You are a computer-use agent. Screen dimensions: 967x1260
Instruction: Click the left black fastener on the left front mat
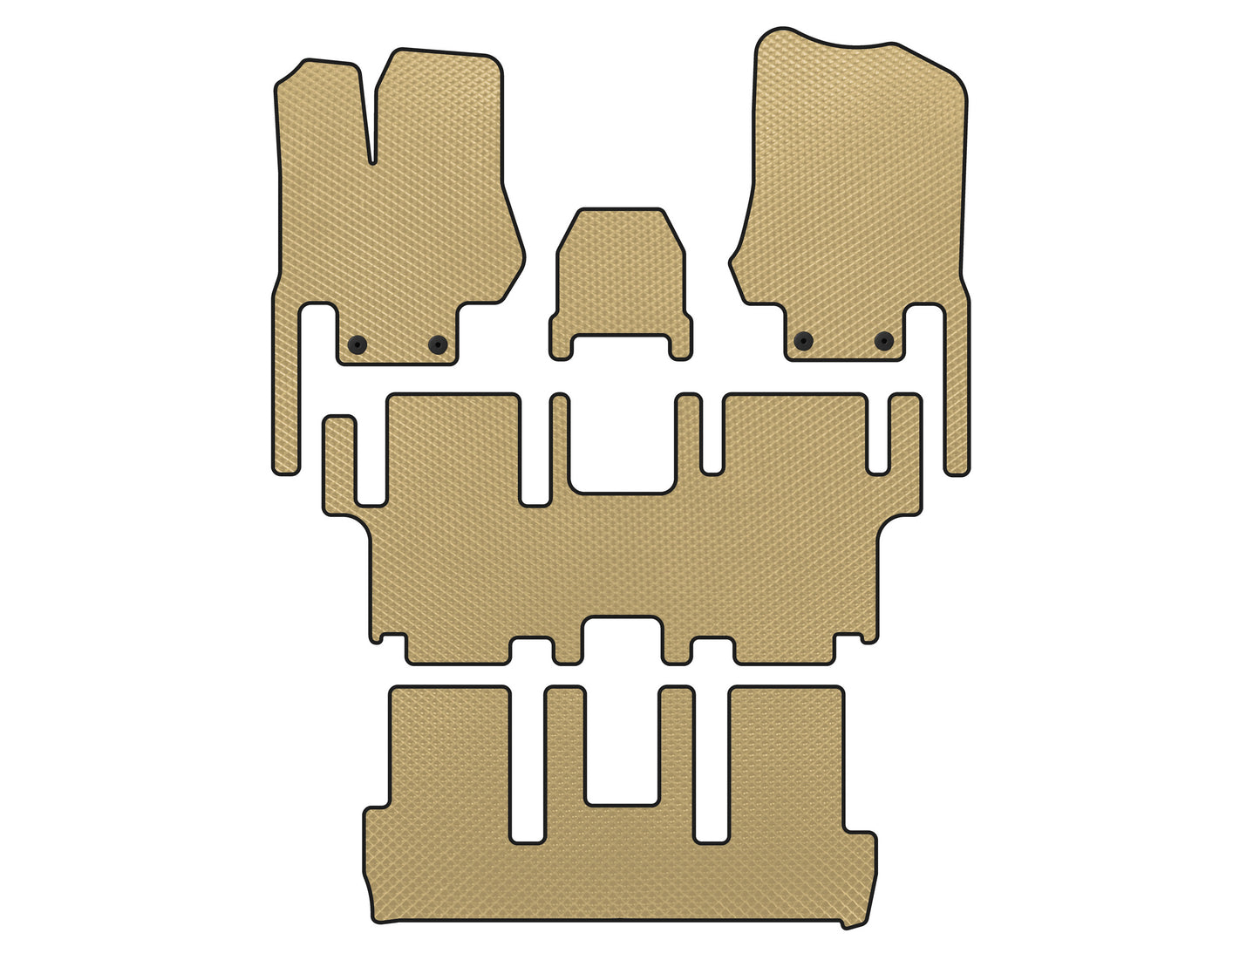[357, 344]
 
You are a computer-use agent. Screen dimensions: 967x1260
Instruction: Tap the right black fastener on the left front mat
[438, 344]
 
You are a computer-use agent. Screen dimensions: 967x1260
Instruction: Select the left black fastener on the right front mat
[803, 341]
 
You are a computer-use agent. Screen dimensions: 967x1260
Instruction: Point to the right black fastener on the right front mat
[884, 341]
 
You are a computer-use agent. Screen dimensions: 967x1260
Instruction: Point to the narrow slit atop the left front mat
[372, 122]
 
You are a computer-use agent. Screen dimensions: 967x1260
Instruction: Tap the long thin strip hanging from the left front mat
[287, 392]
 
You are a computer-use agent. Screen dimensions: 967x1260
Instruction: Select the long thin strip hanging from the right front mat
[957, 392]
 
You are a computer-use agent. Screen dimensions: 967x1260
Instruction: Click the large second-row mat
[623, 558]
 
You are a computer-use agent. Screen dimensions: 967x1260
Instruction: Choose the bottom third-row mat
[619, 872]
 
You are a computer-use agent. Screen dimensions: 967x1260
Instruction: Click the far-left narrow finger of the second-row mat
[340, 462]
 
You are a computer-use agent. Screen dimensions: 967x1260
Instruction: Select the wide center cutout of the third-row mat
[622, 750]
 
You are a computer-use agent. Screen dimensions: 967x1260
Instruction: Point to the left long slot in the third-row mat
[527, 767]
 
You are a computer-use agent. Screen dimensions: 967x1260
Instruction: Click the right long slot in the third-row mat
[712, 767]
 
